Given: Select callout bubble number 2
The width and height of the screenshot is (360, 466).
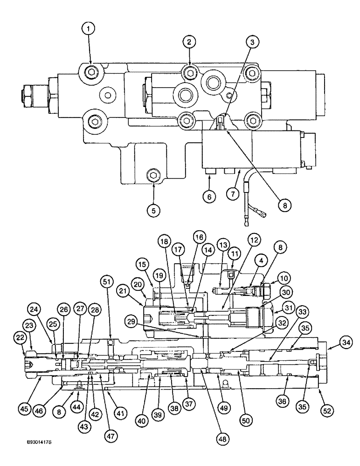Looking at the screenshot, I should (x=188, y=42).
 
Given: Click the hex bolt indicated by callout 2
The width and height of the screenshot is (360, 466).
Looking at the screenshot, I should (x=190, y=72).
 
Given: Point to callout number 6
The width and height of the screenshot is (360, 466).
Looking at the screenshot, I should (x=209, y=198).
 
